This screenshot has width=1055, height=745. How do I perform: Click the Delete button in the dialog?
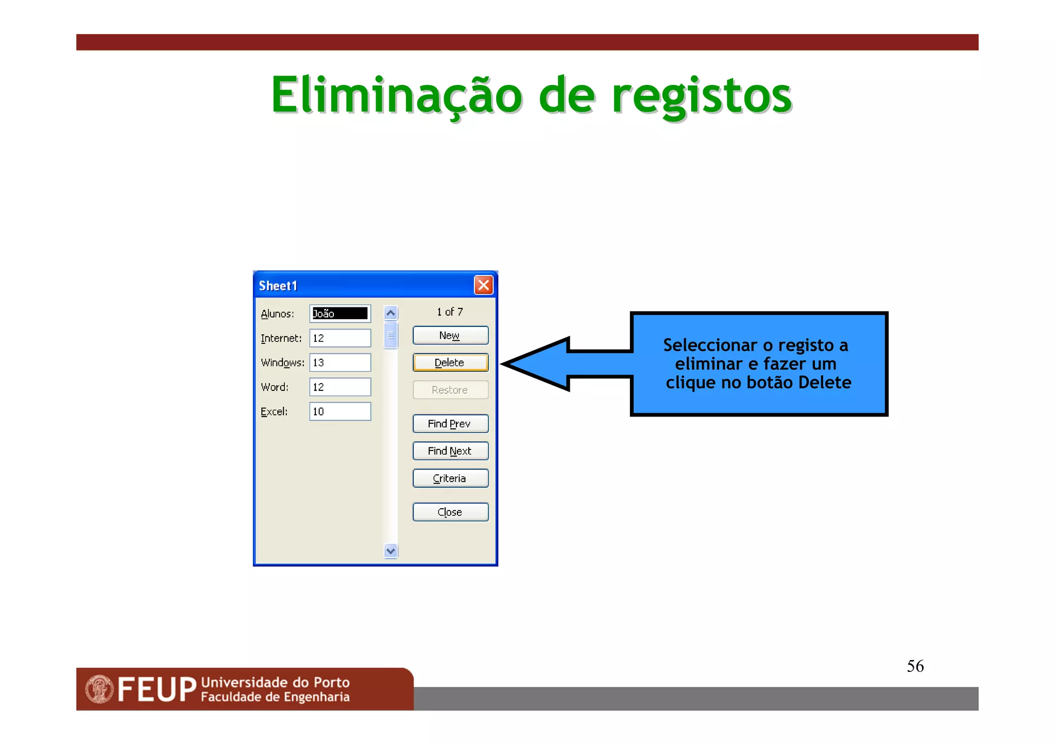click(x=450, y=362)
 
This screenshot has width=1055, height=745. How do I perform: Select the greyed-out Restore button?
click(x=450, y=390)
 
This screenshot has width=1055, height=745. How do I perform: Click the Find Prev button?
click(x=450, y=424)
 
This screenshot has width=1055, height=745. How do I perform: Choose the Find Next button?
click(x=450, y=451)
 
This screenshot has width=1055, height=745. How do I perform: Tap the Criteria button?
click(x=450, y=478)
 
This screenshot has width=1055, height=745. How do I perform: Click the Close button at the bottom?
click(x=450, y=512)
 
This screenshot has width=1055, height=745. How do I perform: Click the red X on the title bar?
click(x=484, y=285)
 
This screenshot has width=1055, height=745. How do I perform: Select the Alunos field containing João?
click(x=340, y=314)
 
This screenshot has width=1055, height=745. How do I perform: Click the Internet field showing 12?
click(x=340, y=338)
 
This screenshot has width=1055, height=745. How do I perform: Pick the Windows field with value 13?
click(x=340, y=362)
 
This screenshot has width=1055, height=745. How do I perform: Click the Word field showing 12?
click(x=340, y=387)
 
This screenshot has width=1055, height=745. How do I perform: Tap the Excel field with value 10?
click(x=340, y=411)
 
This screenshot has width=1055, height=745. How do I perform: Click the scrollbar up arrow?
click(x=391, y=313)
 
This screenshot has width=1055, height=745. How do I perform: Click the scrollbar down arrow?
click(x=391, y=551)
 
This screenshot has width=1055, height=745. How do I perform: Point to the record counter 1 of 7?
click(x=450, y=312)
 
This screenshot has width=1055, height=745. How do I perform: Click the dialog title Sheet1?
click(x=278, y=286)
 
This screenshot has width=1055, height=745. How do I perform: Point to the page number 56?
click(x=915, y=666)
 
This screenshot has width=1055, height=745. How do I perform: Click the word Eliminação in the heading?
click(x=397, y=96)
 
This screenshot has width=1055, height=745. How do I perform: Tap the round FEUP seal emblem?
click(x=99, y=689)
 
